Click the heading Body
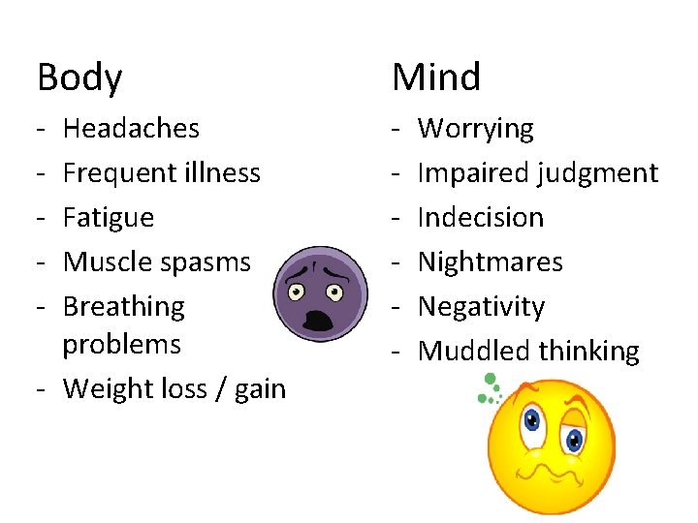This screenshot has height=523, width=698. point(79,78)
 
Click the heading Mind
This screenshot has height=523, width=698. point(436,77)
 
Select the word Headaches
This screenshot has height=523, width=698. point(131,129)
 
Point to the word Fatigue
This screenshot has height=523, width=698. point(109,218)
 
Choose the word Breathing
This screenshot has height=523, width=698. point(123,307)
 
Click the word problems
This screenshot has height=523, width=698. point(121,344)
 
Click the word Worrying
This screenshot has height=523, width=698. point(475,129)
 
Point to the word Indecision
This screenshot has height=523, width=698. point(480,218)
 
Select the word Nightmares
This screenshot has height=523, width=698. point(490,262)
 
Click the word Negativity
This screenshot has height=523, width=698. point(481,307)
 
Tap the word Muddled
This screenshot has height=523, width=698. point(471,352)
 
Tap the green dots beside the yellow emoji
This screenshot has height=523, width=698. point(488,388)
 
